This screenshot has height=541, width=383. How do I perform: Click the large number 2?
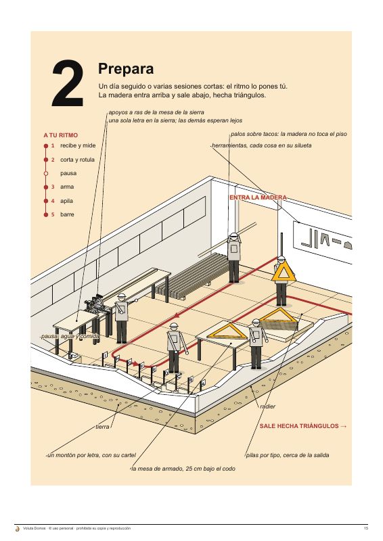click(x=68, y=83)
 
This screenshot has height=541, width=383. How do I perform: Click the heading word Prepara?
click(x=126, y=69)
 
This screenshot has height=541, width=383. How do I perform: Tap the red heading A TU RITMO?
click(x=61, y=135)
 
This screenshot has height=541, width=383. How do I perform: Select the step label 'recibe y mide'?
click(x=78, y=145)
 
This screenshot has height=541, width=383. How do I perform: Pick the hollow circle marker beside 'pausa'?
click(x=46, y=173)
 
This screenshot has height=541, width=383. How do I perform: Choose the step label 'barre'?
click(x=67, y=214)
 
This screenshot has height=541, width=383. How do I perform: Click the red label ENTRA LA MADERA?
click(x=258, y=197)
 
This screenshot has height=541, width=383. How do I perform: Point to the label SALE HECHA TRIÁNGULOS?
click(x=303, y=426)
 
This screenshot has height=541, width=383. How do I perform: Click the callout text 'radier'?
click(x=268, y=406)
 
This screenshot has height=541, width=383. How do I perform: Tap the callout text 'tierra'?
click(x=102, y=427)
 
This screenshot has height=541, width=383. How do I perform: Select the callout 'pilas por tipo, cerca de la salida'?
click(x=288, y=455)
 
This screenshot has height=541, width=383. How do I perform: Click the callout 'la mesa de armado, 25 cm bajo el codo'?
click(x=183, y=469)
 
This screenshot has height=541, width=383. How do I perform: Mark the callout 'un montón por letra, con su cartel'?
click(x=91, y=455)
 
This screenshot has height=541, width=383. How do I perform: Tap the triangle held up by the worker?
click(x=284, y=272)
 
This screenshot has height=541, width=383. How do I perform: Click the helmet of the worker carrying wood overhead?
click(x=234, y=236)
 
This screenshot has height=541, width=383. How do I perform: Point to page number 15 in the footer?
click(x=366, y=528)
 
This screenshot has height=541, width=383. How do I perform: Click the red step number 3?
click(x=53, y=187)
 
